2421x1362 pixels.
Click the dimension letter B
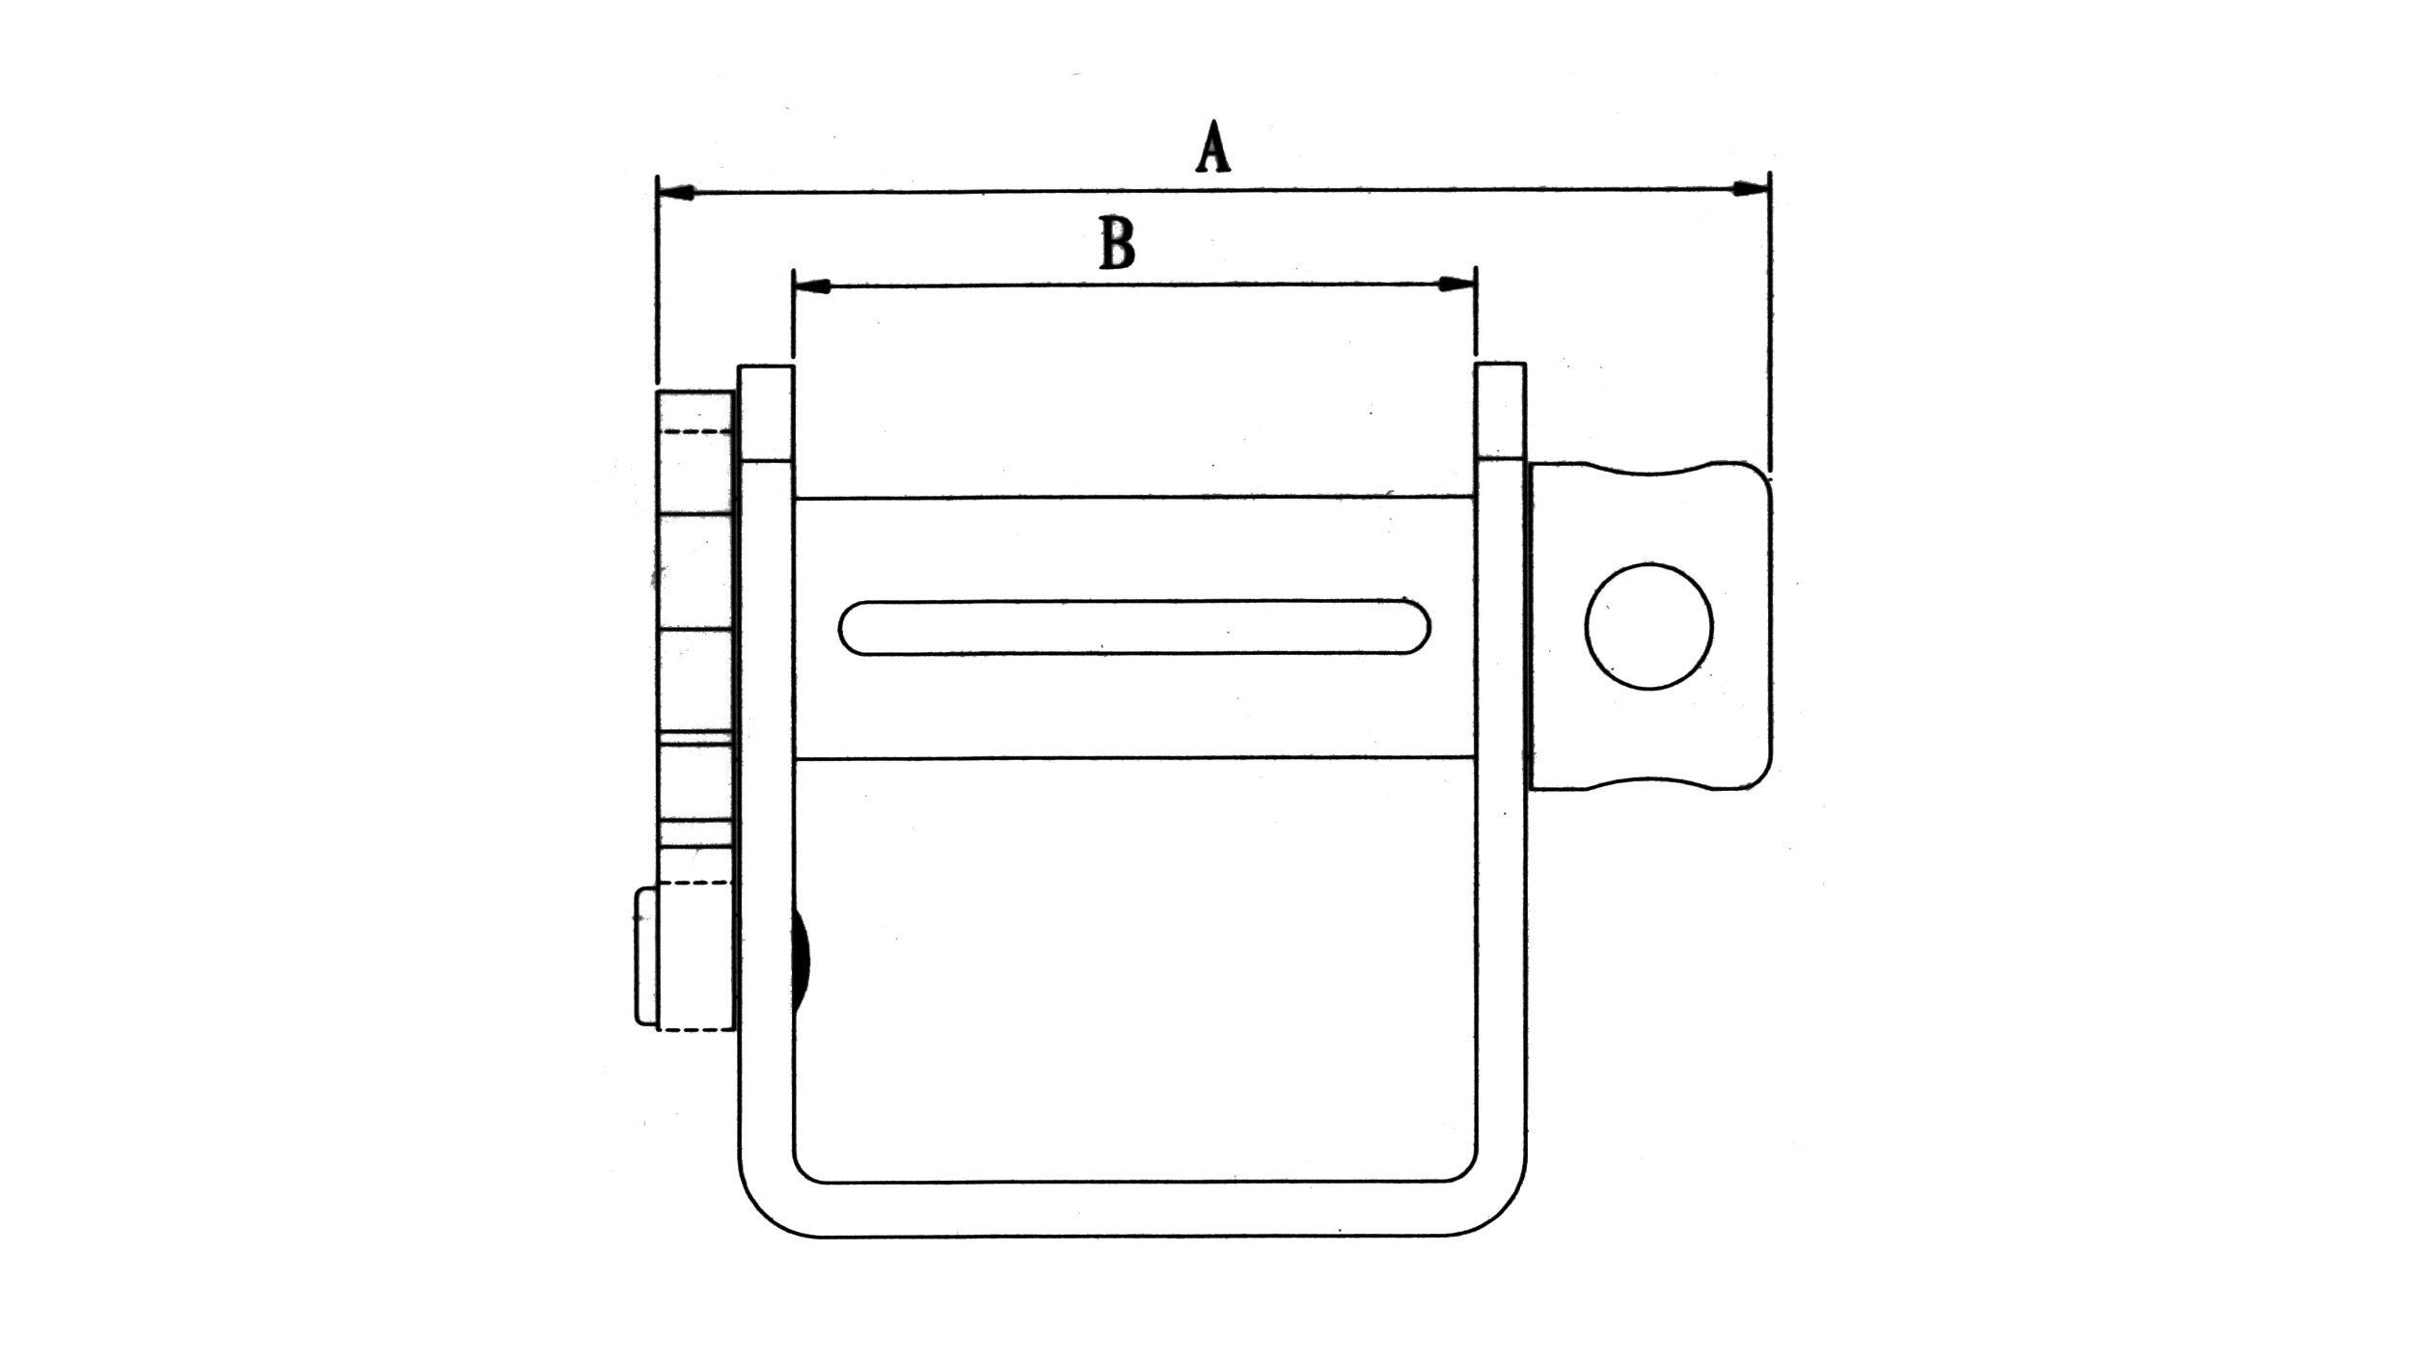pyautogui.click(x=1117, y=243)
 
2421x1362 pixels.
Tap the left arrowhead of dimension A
pyautogui.click(x=676, y=194)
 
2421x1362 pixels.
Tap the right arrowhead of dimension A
pyautogui.click(x=1749, y=189)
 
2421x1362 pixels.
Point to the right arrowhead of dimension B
pyautogui.click(x=1455, y=284)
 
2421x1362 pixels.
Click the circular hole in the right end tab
pyautogui.click(x=1648, y=626)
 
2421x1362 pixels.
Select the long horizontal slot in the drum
pyautogui.click(x=1133, y=628)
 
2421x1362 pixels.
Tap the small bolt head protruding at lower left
pyautogui.click(x=645, y=956)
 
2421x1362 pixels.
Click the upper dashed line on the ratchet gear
pyautogui.click(x=694, y=431)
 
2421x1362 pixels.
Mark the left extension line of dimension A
pyautogui.click(x=657, y=289)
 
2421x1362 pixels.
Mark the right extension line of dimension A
pyautogui.click(x=1769, y=318)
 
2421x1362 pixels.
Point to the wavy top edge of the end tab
pyautogui.click(x=1649, y=471)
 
